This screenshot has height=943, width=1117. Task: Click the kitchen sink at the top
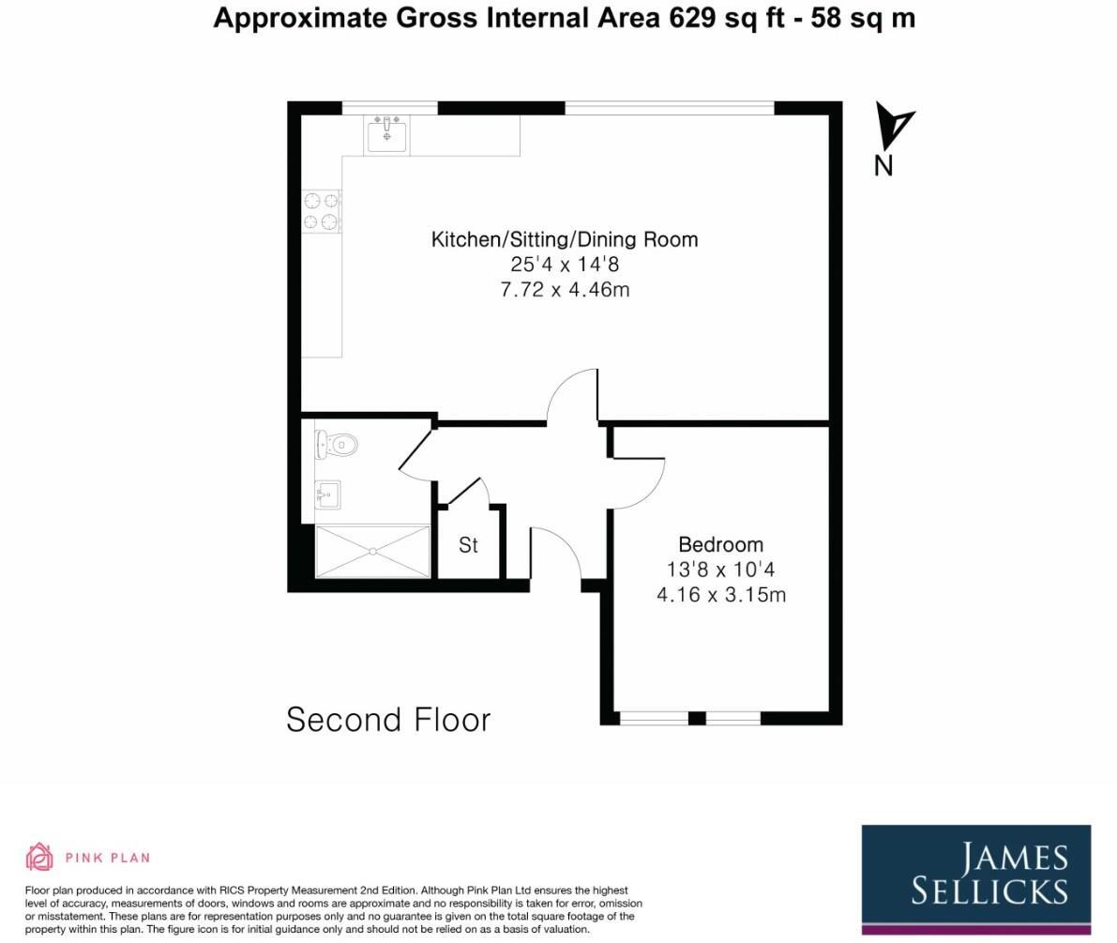coord(386,135)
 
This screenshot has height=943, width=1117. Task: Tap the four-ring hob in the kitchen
coord(321,211)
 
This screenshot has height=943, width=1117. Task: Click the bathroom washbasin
coord(326,494)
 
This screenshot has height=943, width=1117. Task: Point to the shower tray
coord(372,552)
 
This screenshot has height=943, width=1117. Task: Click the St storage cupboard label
coord(468,545)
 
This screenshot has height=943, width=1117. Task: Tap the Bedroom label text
coord(720,544)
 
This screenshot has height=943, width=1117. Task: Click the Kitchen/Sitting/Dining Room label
coord(565,239)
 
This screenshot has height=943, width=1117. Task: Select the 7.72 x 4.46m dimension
coord(565,290)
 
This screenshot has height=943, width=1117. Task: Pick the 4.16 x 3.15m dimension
coord(720,595)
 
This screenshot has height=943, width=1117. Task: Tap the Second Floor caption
coord(388,720)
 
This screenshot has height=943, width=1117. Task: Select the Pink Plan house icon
coord(39,857)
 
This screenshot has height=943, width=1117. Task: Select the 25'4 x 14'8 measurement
coord(565,265)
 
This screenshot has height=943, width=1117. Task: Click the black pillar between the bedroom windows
coord(696,719)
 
